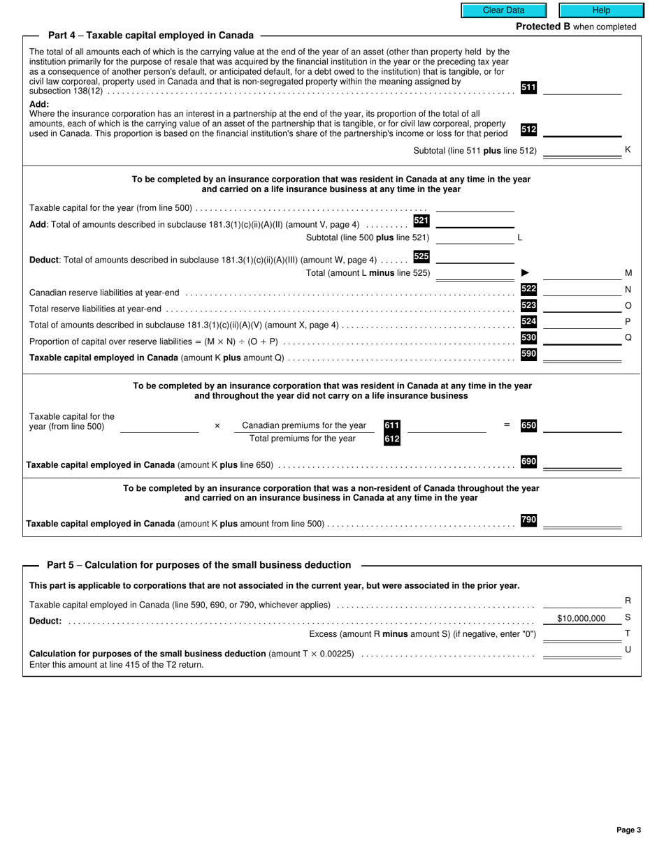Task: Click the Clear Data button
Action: tap(503, 10)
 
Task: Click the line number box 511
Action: tap(528, 87)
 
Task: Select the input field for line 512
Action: tap(582, 130)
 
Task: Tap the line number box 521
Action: tap(421, 221)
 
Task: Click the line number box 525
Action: tap(421, 256)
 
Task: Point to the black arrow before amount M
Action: tap(526, 273)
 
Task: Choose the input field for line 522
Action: tap(582, 289)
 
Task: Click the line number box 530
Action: tap(528, 338)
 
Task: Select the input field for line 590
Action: tap(582, 355)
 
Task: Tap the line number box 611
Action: tap(391, 425)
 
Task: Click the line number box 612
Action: tap(391, 439)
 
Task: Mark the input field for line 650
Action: tap(582, 426)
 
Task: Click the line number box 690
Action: tap(528, 462)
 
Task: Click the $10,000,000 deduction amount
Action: tap(581, 618)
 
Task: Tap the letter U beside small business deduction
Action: tap(628, 649)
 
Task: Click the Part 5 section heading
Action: tap(199, 565)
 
